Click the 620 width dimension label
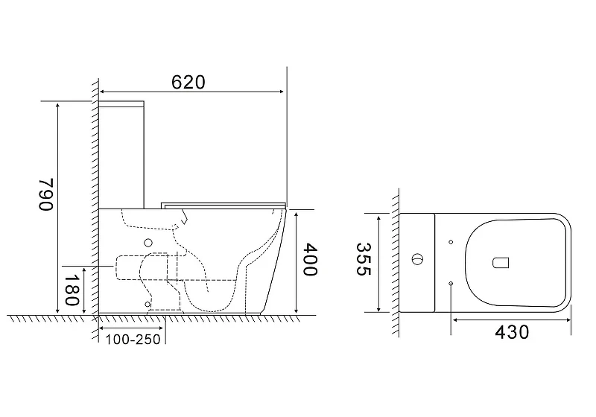[188, 82]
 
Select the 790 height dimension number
[45, 194]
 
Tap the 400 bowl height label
[310, 260]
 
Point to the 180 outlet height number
[72, 290]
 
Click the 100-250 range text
[133, 339]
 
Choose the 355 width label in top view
[363, 259]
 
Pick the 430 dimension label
[512, 332]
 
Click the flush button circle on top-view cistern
[416, 259]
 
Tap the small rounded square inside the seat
[501, 263]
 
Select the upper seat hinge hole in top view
[451, 242]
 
